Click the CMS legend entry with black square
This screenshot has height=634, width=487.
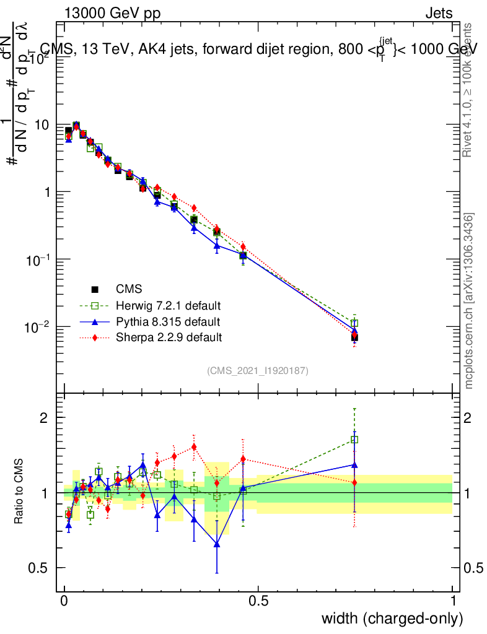click(x=128, y=289)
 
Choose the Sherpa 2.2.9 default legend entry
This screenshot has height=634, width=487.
click(x=169, y=337)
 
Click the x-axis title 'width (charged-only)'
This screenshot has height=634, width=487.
click(x=392, y=619)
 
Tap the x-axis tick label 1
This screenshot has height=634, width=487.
click(x=452, y=601)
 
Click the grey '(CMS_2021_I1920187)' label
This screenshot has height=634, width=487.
click(x=258, y=370)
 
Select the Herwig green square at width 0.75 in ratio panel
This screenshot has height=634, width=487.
click(x=354, y=440)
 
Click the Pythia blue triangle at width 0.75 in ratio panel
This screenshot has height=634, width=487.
click(x=354, y=464)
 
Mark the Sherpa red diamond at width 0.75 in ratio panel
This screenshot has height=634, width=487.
click(x=354, y=482)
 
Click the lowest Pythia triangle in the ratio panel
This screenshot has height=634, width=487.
click(x=217, y=544)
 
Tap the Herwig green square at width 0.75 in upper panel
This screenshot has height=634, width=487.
click(x=354, y=323)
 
